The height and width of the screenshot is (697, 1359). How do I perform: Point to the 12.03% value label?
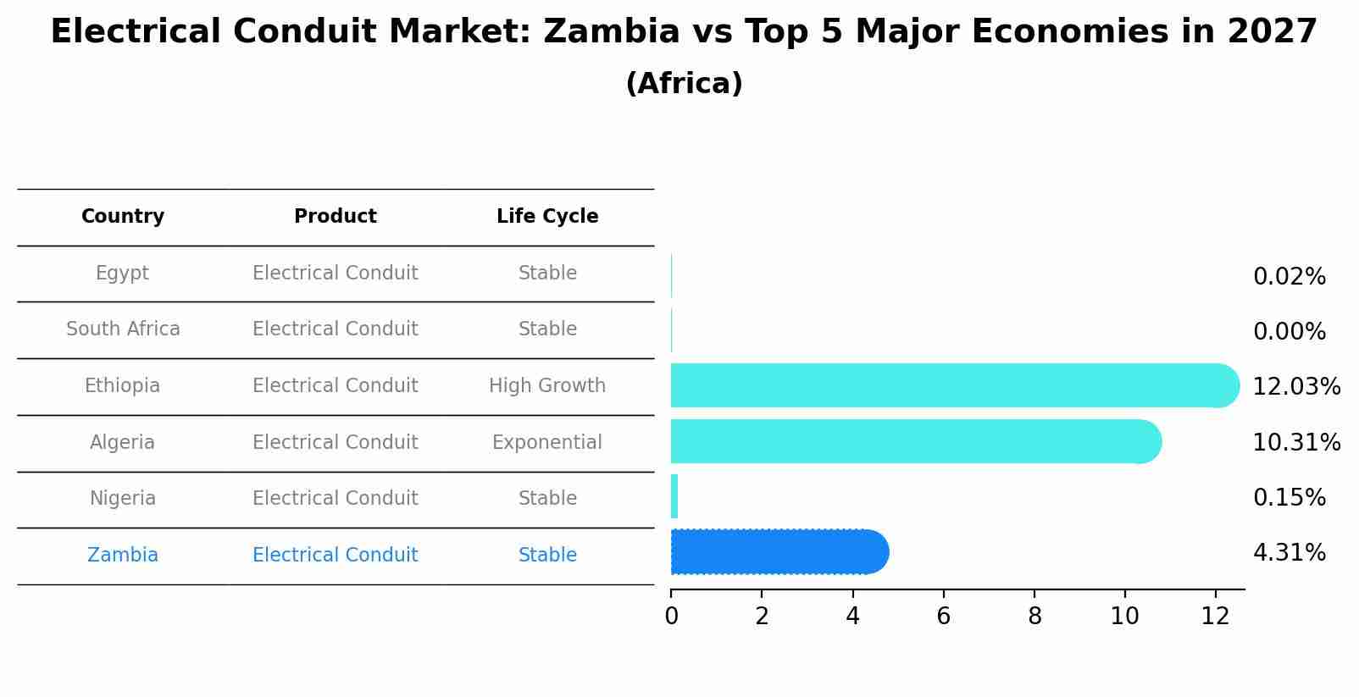point(1296,387)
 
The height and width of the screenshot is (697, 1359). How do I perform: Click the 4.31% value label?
point(1289,553)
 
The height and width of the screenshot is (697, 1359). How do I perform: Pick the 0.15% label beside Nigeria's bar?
point(1289,498)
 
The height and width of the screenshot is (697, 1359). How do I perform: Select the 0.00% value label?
point(1289,332)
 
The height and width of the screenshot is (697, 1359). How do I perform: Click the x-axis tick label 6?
point(943,617)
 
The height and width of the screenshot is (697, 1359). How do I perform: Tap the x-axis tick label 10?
point(1124,617)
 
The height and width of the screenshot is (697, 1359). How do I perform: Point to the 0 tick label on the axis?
point(671,617)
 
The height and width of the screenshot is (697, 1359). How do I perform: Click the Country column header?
point(123,217)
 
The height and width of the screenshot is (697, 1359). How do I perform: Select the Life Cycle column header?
point(547,217)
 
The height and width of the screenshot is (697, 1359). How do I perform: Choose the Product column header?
point(335,217)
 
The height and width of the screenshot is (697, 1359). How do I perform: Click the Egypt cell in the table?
point(122,274)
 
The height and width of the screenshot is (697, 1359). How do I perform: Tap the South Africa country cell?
point(123,329)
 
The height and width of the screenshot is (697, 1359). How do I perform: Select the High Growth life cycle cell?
point(547,386)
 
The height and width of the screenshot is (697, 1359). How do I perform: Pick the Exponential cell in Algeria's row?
point(547,443)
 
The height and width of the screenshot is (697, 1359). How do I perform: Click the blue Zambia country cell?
point(123,556)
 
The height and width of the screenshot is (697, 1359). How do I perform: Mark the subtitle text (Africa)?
point(684,84)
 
